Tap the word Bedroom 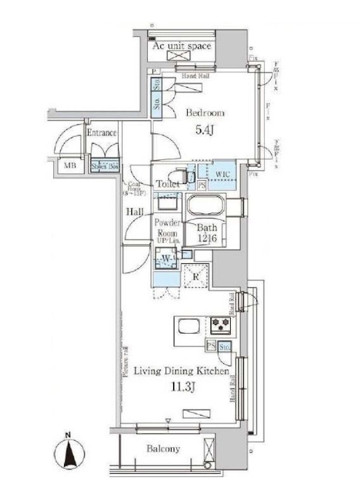pos(205,113)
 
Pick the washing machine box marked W pos(167,258)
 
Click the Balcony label pos(164,449)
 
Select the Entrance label pos(101,133)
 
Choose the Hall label pos(134,213)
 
